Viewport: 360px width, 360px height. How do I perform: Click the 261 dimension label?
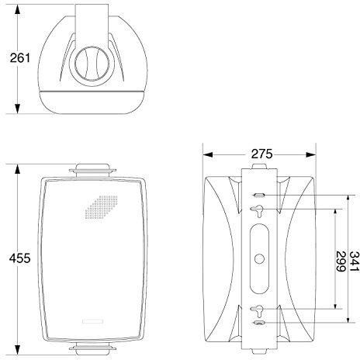pos(20,57)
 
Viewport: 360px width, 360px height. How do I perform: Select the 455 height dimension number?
pos(19,258)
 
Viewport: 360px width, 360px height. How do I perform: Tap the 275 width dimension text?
pos(262,154)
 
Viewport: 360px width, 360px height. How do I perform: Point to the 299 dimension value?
pos(341,261)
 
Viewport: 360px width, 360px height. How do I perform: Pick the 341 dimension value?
pos(354,261)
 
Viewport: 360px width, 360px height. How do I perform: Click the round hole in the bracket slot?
pos(259,258)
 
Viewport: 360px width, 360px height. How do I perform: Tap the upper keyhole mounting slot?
pos(258,211)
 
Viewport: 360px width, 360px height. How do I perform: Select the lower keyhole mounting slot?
pos(258,311)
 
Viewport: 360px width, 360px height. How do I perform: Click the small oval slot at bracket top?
pos(259,195)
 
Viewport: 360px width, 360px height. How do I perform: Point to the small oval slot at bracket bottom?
pos(259,323)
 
